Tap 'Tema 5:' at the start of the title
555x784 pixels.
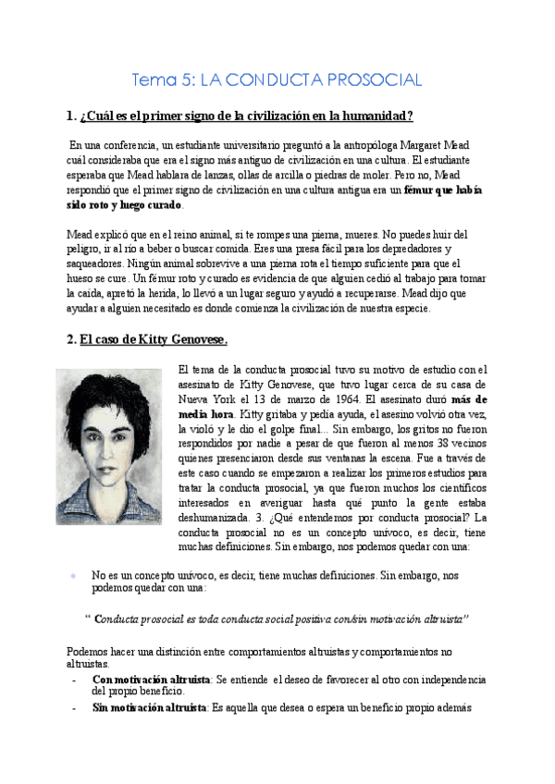[164, 80]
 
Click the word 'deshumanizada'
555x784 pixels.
[221, 517]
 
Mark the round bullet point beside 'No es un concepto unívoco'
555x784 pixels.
[73, 575]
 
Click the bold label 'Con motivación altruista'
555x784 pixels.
[151, 680]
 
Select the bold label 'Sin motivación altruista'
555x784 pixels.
[149, 708]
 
